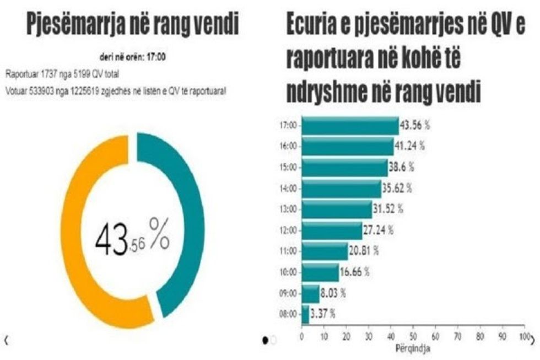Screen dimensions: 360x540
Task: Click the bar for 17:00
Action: pyautogui.click(x=350, y=126)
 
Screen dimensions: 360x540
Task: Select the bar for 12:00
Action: pyautogui.click(x=332, y=230)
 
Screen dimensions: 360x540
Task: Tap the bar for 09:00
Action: pyautogui.click(x=310, y=293)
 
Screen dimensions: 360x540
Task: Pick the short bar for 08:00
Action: pyautogui.click(x=305, y=314)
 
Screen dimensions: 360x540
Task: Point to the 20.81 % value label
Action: pyautogui.click(x=364, y=251)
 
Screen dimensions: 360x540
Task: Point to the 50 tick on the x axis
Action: pyautogui.click(x=413, y=336)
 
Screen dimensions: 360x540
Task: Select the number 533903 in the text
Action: pyautogui.click(x=37, y=92)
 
